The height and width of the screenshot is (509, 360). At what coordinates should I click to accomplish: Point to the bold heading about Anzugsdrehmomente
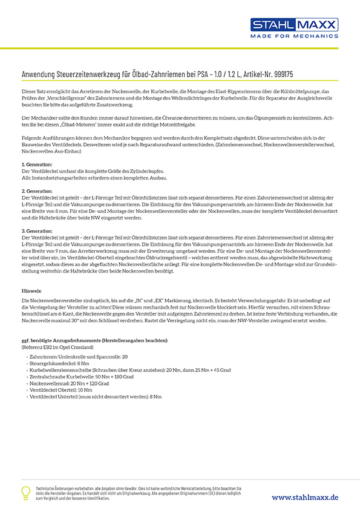tap(94, 340)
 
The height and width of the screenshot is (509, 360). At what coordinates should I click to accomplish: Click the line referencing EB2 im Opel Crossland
tap(60, 347)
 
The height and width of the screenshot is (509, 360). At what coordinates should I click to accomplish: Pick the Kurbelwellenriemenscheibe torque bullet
tap(115, 371)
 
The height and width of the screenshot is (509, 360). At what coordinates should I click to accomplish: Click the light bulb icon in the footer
tap(26, 492)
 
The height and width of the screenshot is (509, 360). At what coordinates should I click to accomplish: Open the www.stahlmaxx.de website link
tap(305, 497)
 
